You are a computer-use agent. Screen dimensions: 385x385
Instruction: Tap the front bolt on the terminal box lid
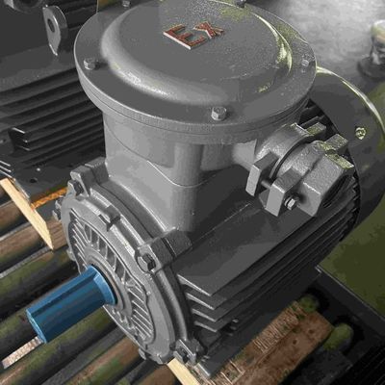click(x=219, y=114)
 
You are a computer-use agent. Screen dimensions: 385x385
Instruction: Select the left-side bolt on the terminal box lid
click(x=90, y=64)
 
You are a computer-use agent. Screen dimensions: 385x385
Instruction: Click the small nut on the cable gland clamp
click(x=290, y=202)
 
